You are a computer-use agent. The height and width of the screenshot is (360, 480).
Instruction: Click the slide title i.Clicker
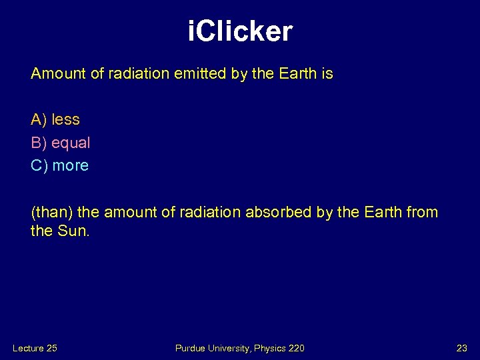[240, 31]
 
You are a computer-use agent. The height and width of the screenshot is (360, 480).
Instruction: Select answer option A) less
[55, 120]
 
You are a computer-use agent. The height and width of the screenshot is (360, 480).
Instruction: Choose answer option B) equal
[61, 143]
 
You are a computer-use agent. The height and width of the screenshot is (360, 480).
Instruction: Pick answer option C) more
[60, 165]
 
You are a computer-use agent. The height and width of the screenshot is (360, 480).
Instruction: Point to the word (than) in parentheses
[52, 213]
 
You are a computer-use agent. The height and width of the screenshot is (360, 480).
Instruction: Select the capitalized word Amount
[58, 74]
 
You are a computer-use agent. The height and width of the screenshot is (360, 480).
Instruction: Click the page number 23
[462, 348]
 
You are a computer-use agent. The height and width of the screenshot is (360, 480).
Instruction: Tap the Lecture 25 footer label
[35, 348]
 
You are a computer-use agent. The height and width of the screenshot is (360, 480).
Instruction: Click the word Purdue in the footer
[190, 348]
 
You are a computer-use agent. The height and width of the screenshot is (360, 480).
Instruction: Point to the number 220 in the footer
[295, 348]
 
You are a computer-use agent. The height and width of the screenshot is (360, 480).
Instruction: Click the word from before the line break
[422, 213]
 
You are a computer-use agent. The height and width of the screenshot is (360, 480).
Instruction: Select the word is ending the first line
[327, 74]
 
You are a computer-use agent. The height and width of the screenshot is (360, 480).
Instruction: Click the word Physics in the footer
[268, 348]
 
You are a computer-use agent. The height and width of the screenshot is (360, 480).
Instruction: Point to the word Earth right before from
[381, 213]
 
